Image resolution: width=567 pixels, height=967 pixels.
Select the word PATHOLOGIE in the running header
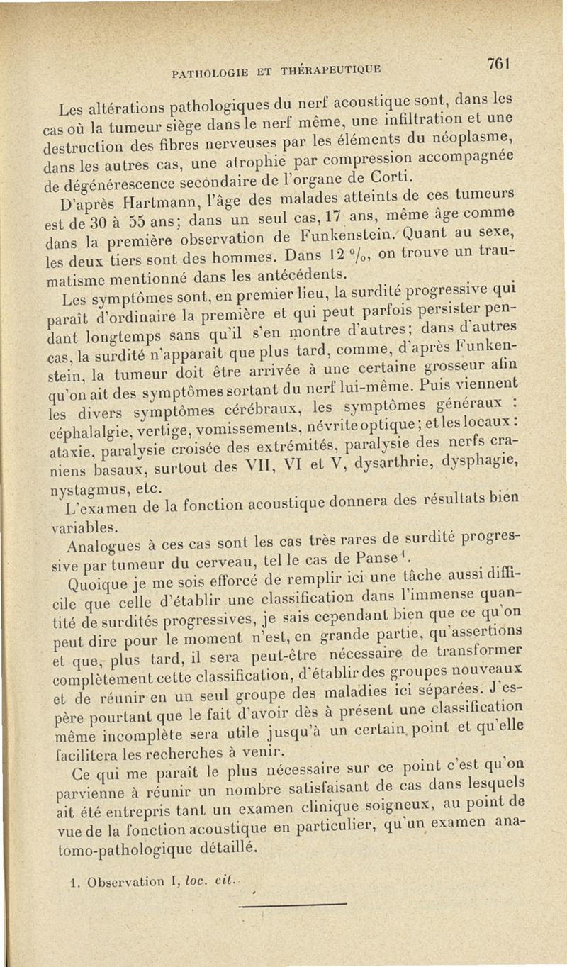click(205, 71)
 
